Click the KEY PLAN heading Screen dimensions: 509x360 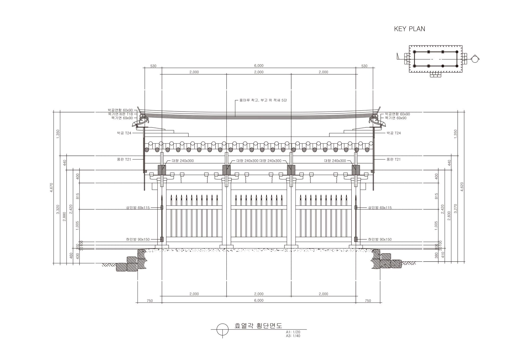click(409, 29)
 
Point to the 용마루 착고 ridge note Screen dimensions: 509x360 click(263, 100)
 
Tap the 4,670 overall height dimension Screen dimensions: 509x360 click(51, 188)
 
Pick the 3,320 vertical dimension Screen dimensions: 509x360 click(58, 210)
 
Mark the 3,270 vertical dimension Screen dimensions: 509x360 click(455, 209)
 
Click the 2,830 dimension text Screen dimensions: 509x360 click(449, 216)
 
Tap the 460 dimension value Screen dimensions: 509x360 click(71, 255)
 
